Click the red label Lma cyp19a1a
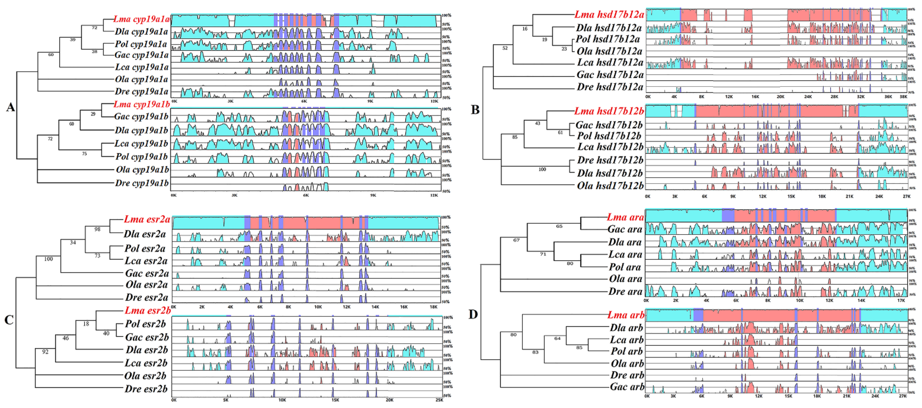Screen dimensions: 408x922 141,19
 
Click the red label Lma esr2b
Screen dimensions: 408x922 147,310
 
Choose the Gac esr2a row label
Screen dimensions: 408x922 147,273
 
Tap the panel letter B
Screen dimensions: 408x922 475,110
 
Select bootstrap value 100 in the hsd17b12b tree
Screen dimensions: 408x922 542,169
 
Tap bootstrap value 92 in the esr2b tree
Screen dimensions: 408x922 45,352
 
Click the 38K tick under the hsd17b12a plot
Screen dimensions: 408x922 903,97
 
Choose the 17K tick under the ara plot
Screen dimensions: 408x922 901,301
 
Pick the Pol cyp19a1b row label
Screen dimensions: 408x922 141,157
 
